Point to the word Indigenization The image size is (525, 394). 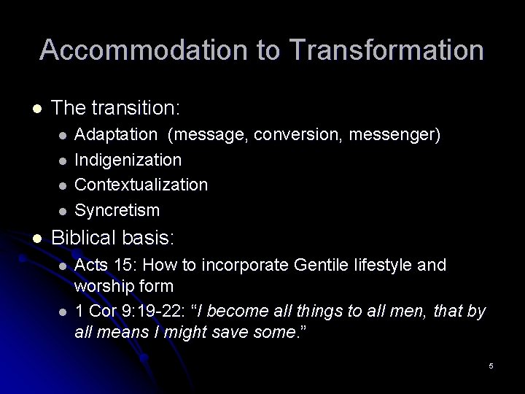tap(128, 159)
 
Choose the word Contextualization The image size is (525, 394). tap(141, 185)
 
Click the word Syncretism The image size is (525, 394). tap(117, 210)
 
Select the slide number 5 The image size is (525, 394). tap(491, 364)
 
